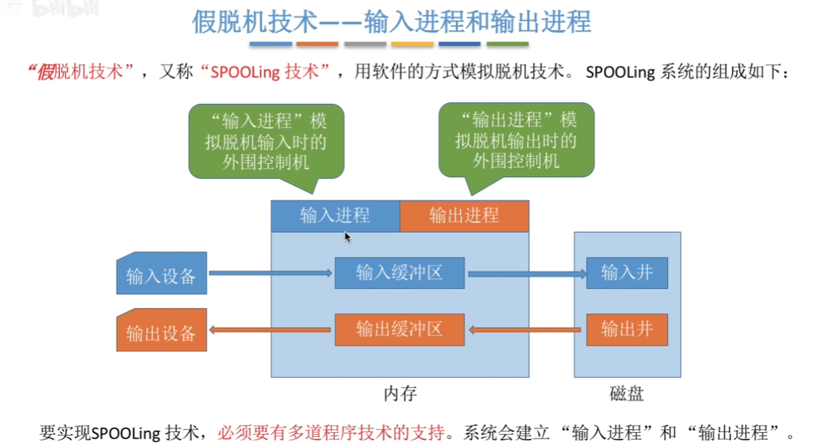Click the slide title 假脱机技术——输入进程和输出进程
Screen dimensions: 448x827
(391, 22)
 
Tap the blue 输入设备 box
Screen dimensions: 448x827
(162, 274)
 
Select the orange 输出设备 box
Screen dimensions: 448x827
(162, 331)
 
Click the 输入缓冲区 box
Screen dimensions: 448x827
(399, 273)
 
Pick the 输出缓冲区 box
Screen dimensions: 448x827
(399, 329)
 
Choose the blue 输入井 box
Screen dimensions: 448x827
(627, 272)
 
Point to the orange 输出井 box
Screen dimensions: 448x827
(627, 330)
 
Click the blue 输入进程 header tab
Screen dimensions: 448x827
(335, 216)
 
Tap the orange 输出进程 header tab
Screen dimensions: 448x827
(464, 216)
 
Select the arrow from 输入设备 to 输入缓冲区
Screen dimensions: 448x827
(270, 274)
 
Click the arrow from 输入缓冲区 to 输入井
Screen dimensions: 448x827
(526, 274)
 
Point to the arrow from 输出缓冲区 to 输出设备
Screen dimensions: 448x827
(270, 330)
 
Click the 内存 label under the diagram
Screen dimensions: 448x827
(400, 394)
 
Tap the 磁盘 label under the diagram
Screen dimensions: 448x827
(627, 394)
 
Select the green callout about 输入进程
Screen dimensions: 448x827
(266, 140)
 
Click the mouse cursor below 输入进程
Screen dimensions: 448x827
(348, 237)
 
